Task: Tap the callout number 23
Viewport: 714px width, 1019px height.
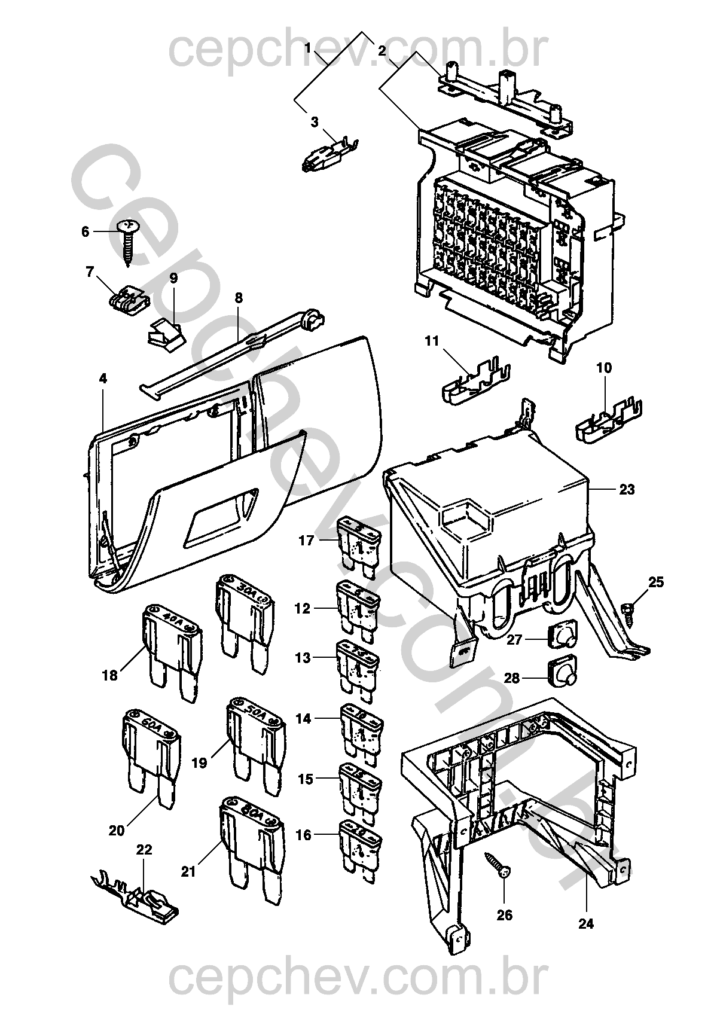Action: (626, 490)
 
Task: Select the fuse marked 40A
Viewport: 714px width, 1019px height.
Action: (171, 649)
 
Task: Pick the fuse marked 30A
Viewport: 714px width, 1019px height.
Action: (245, 616)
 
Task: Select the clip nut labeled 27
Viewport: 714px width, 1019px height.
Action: (560, 635)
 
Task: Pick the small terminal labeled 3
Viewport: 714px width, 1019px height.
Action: (328, 155)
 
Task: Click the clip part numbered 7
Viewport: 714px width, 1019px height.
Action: (129, 300)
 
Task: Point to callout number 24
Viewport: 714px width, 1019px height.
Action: (586, 924)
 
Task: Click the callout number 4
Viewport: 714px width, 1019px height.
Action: (103, 378)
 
